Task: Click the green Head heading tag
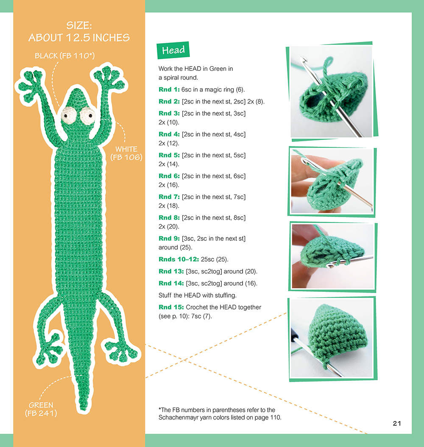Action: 173,50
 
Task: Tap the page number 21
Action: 397,423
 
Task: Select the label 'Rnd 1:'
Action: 169,89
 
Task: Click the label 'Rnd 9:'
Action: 169,238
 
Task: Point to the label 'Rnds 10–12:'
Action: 179,259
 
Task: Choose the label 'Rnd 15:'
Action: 171,307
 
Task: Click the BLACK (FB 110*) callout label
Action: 65,56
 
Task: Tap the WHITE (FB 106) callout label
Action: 126,153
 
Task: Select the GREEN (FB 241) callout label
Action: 41,409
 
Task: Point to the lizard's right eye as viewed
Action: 88,116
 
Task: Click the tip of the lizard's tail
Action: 84,409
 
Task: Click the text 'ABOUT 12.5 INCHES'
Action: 79,38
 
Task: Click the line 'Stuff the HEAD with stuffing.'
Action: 198,295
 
